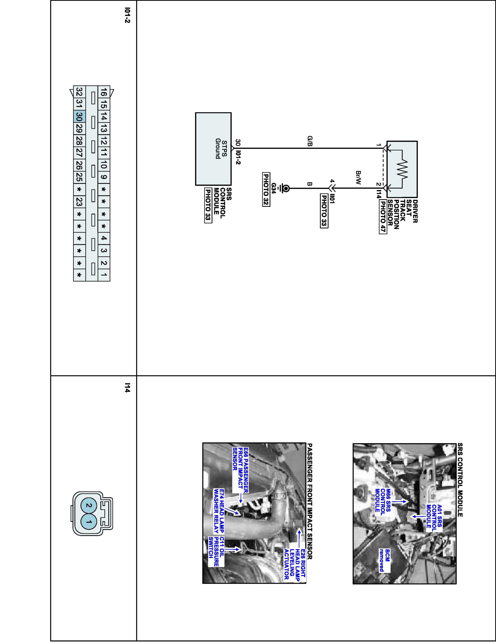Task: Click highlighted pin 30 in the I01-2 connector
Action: (x=79, y=117)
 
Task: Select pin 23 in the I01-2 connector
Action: (x=79, y=202)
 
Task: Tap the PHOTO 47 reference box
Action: (x=383, y=217)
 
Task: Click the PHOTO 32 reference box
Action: (x=266, y=189)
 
